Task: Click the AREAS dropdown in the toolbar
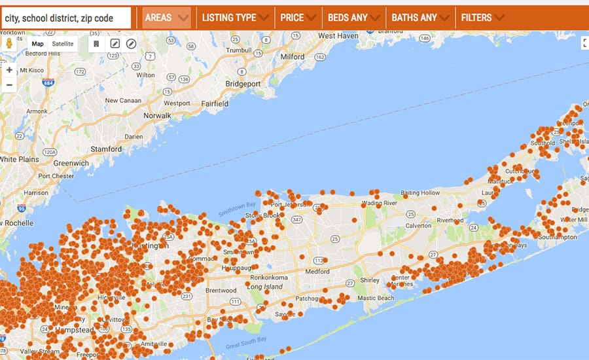167,18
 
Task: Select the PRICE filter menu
298,18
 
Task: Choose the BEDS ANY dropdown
353,18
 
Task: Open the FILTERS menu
482,18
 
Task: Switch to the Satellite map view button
63,44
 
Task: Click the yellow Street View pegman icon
10,44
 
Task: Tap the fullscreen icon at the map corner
585,43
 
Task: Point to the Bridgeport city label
243,84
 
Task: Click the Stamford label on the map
106,149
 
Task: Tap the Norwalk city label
157,116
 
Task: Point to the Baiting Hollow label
420,193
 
